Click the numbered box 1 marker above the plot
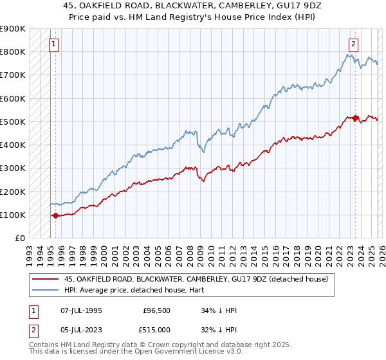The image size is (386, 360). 53,44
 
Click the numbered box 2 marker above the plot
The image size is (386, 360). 354,44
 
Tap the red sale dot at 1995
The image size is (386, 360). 55,216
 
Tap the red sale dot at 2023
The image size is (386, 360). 356,118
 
